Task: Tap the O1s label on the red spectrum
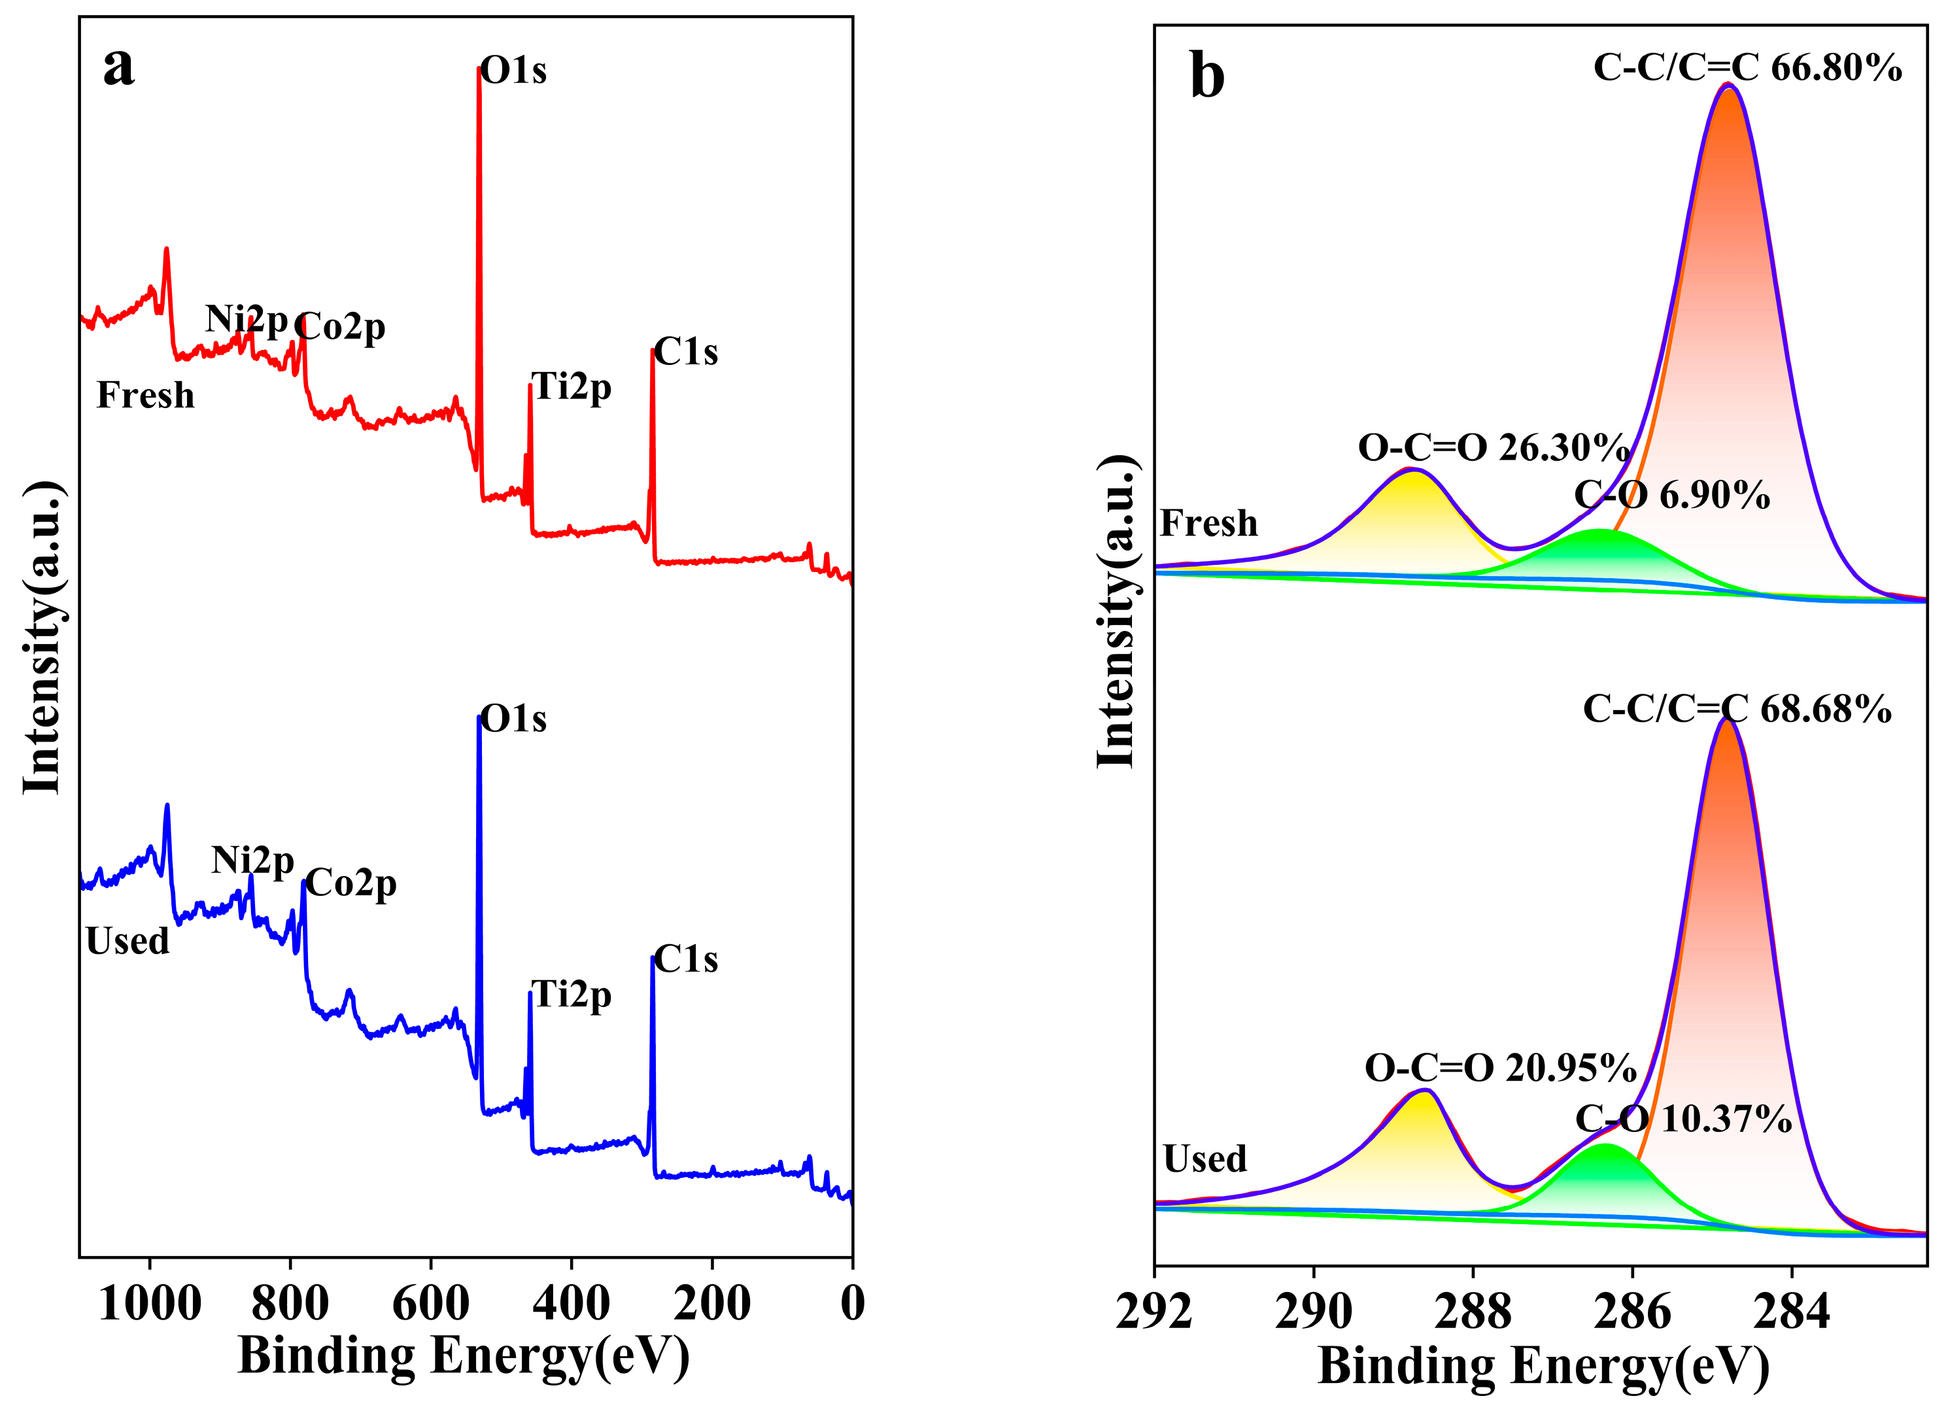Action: pyautogui.click(x=513, y=71)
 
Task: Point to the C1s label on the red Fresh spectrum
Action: pyautogui.click(x=685, y=352)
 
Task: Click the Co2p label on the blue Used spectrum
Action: pyautogui.click(x=350, y=883)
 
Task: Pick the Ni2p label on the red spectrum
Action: pyautogui.click(x=247, y=319)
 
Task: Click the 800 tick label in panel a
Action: pyautogui.click(x=290, y=1304)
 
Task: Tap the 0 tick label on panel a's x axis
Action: pyautogui.click(x=852, y=1304)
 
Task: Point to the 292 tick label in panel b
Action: pyautogui.click(x=1154, y=1313)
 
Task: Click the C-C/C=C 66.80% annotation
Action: pyautogui.click(x=1747, y=67)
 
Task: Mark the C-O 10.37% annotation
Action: pyautogui.click(x=1683, y=1119)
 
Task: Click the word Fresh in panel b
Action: pyautogui.click(x=1208, y=523)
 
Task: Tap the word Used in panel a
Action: pyautogui.click(x=127, y=942)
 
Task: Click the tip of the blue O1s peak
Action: pyautogui.click(x=479, y=717)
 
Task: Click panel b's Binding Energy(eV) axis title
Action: pyautogui.click(x=1543, y=1366)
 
